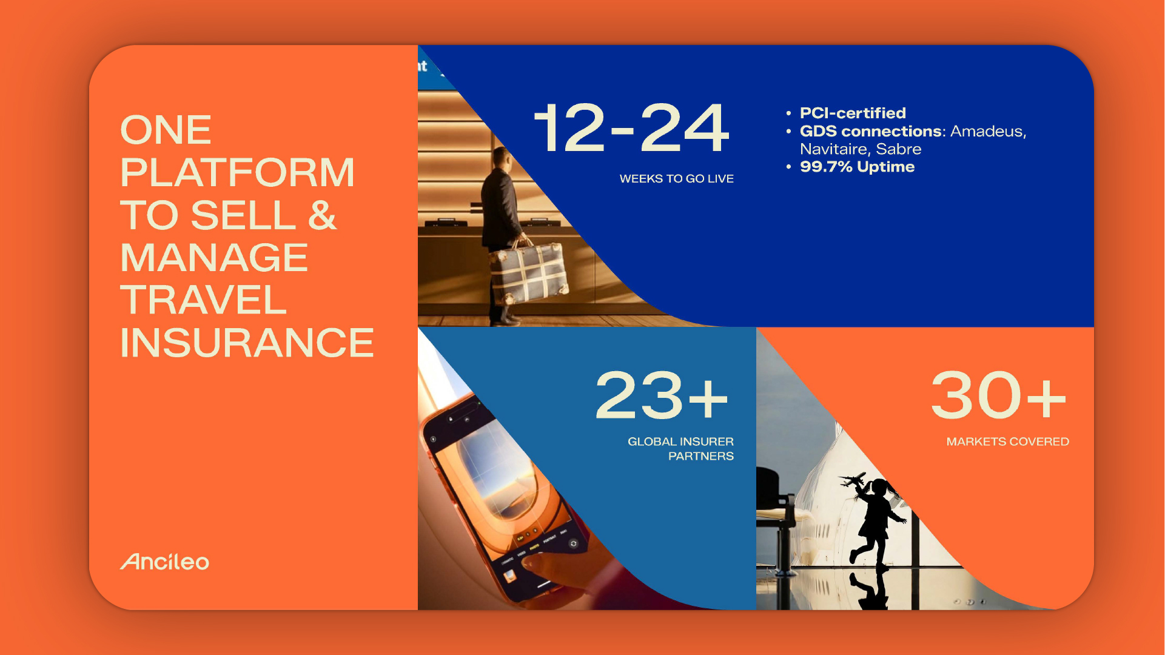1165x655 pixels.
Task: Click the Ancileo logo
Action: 164,562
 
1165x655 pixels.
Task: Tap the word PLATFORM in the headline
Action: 237,173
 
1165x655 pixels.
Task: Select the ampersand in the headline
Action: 322,215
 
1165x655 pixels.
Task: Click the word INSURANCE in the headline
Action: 247,343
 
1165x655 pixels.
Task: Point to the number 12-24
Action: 631,128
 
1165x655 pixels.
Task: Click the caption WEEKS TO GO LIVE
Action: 676,179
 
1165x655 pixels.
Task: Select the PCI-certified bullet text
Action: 853,113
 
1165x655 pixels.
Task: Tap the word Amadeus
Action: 988,132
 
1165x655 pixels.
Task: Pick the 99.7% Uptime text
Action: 857,167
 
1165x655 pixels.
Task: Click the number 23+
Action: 662,396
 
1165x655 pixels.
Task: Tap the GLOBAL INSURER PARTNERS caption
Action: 680,449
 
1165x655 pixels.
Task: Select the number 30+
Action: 998,396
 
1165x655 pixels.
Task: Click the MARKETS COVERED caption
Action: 1007,442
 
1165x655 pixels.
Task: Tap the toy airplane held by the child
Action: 853,480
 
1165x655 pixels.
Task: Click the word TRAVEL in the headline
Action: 203,300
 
